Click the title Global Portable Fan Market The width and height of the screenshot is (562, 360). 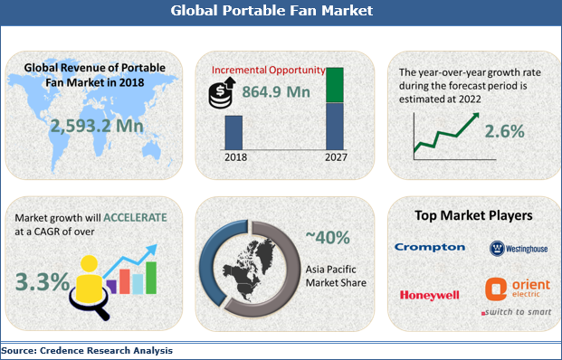281,13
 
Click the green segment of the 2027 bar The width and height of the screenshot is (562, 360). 335,84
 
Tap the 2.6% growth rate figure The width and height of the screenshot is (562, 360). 504,131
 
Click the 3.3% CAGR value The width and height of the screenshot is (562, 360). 42,281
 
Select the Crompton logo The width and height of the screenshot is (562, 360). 429,247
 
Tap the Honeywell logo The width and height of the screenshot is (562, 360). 429,295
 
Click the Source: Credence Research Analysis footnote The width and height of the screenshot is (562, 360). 87,350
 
